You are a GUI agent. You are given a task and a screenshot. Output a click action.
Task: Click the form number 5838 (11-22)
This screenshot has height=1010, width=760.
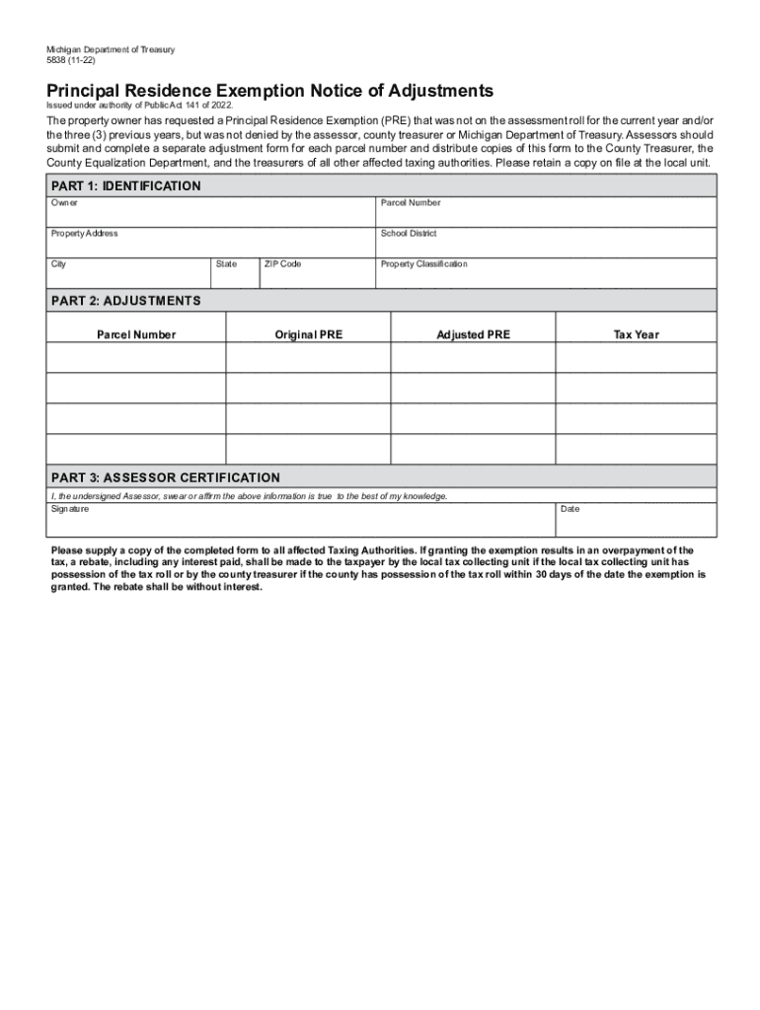pos(71,60)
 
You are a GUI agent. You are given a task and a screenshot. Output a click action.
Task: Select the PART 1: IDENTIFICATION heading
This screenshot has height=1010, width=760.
pos(125,185)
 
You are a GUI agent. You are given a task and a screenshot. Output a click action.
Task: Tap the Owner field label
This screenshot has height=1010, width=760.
pos(64,203)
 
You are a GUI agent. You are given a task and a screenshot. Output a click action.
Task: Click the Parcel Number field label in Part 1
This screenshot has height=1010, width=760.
pos(411,203)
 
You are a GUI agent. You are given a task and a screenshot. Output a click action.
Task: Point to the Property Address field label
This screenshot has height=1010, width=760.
pos(84,234)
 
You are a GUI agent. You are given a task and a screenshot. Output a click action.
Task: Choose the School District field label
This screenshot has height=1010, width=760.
pos(409,234)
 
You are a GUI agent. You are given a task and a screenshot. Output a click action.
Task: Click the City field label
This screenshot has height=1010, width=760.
pos(59,264)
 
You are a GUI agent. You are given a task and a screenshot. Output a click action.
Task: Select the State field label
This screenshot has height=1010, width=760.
pos(226,264)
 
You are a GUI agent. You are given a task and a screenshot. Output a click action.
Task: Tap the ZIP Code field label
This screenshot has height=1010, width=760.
pos(282,264)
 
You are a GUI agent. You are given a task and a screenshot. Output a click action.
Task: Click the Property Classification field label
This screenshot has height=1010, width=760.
pos(424,264)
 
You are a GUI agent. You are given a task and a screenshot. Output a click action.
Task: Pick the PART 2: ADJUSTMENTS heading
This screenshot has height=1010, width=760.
pos(125,300)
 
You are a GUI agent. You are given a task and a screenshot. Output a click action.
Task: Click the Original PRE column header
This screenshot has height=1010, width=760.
pos(309,335)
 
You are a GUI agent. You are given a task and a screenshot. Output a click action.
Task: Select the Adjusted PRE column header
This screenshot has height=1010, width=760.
pos(474,335)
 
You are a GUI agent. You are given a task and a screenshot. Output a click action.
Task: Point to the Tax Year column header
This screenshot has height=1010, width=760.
pos(636,335)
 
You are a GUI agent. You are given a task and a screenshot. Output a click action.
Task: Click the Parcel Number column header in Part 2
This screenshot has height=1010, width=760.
pos(136,335)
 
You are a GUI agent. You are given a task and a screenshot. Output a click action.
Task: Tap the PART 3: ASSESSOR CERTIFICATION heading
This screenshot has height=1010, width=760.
pos(165,477)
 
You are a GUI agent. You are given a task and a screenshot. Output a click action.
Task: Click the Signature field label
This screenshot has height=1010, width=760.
pos(70,509)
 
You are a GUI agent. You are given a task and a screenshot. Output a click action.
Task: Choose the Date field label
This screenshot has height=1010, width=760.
pos(570,509)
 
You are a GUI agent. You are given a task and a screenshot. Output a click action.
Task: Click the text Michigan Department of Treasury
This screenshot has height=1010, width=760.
pos(111,49)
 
